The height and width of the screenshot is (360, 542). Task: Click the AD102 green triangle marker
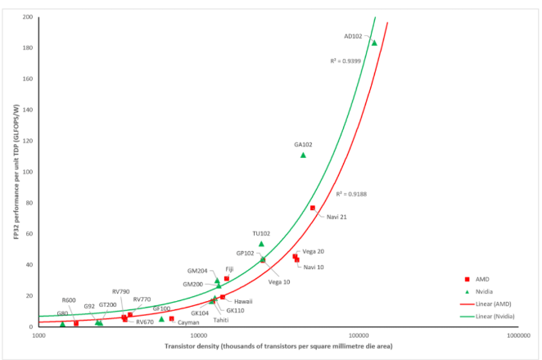point(375,43)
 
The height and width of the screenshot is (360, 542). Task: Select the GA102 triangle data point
point(303,155)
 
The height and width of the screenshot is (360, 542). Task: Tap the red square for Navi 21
point(313,208)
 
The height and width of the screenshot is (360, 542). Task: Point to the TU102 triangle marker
point(261,243)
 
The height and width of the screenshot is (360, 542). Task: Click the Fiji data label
point(232,268)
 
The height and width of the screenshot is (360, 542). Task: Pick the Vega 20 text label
point(314,251)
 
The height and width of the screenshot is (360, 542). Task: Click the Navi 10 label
point(314,267)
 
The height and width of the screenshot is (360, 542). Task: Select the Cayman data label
point(188,323)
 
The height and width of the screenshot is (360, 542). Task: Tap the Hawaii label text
point(243,301)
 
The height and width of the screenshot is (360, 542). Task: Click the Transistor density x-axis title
point(278,347)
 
